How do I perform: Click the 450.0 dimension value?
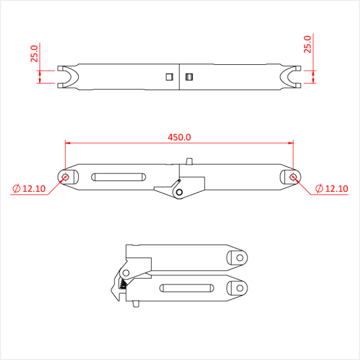179,137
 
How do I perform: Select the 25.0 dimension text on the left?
34,54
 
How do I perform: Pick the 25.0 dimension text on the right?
308,44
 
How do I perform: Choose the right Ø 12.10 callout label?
331,189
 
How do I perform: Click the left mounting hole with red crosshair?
65,177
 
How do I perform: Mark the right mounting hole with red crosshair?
293,177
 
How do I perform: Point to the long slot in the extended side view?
117,177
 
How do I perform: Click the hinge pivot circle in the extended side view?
178,192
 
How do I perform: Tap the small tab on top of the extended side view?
189,161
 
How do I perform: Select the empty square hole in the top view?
169,77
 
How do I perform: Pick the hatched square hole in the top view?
188,77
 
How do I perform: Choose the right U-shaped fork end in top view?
291,77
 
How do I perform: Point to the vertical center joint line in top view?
179,77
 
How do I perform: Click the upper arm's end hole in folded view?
239,257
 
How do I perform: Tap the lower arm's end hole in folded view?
239,287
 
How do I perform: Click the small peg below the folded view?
135,303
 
